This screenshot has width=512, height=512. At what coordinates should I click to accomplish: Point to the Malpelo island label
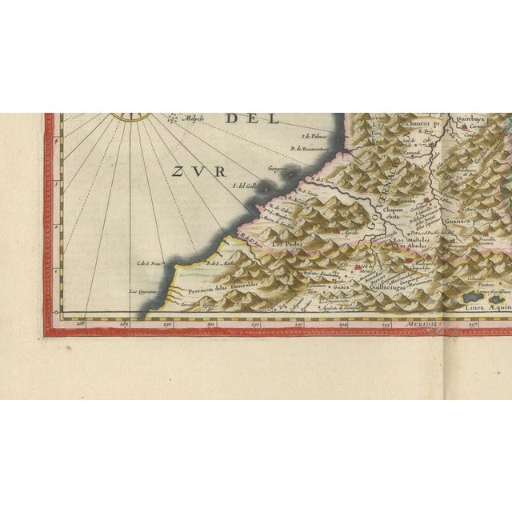click(x=192, y=121)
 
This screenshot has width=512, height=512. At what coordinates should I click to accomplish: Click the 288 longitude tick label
click(x=79, y=324)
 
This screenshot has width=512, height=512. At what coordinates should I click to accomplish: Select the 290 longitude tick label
click(x=166, y=324)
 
